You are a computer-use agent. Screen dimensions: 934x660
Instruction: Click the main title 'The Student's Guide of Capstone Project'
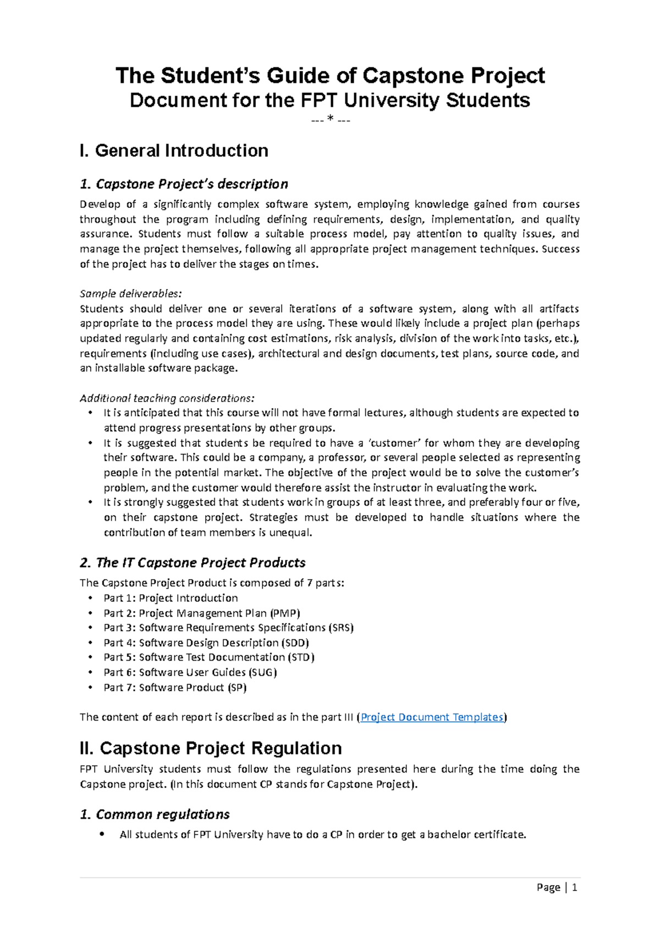coord(330,75)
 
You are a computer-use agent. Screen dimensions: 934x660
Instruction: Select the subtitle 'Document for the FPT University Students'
coord(330,101)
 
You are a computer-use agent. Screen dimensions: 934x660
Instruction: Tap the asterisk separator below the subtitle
coord(330,120)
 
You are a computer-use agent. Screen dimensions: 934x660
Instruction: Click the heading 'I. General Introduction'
coord(174,151)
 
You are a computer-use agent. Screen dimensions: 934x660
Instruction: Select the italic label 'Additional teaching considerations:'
coord(167,398)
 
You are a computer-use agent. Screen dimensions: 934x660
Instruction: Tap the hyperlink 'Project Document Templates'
coord(432,717)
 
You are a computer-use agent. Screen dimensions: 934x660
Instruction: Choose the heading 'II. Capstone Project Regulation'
coord(211,748)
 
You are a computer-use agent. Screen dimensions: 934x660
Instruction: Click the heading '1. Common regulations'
coord(155,814)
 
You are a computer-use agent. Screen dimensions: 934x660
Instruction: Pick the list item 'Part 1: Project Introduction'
coord(170,598)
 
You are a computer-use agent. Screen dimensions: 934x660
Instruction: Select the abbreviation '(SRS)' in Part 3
coord(341,628)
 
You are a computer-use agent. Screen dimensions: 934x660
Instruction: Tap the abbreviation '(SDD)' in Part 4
coord(295,642)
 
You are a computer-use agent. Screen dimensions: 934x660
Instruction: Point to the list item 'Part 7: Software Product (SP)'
coord(175,688)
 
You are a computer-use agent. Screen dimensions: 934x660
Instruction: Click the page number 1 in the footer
coord(574,887)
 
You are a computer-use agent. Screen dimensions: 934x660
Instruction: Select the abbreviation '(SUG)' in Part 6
coord(263,672)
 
